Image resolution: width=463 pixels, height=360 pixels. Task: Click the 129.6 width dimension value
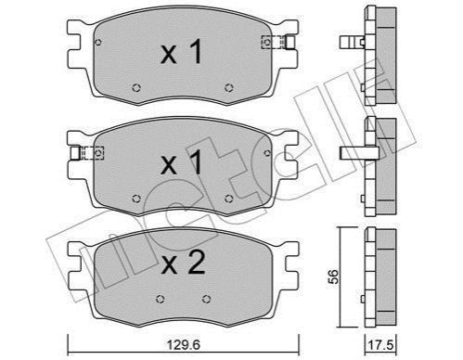tap(184, 344)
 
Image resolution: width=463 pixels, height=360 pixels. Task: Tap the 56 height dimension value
tap(333, 276)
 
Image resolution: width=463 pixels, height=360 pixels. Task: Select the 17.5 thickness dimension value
tap(381, 345)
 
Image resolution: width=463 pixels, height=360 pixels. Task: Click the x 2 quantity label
tap(183, 263)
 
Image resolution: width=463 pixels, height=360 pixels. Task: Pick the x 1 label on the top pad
tap(182, 52)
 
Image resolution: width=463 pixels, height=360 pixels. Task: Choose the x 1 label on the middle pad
tap(182, 163)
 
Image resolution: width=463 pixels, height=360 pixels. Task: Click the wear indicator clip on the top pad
tap(278, 43)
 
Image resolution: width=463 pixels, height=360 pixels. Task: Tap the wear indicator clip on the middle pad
tap(87, 153)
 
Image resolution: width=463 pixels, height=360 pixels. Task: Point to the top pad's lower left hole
tap(136, 88)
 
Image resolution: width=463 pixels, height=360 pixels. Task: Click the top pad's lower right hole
tap(228, 88)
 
